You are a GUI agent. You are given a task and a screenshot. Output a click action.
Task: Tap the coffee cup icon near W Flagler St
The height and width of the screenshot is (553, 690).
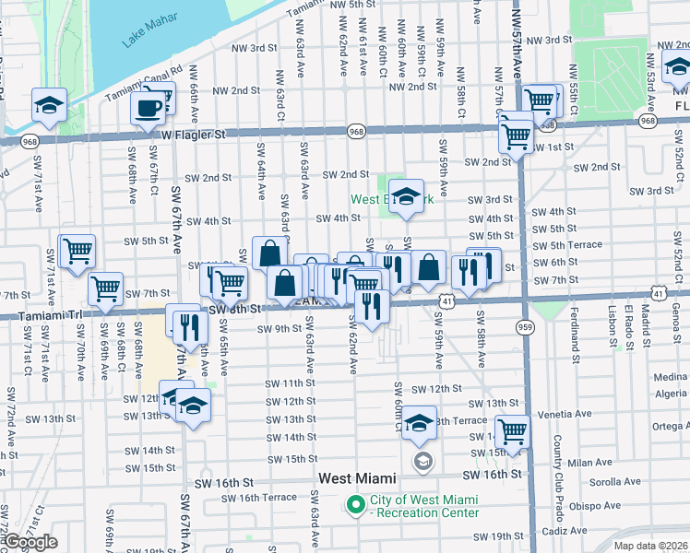148,109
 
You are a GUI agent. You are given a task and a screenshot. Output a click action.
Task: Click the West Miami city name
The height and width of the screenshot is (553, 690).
357,479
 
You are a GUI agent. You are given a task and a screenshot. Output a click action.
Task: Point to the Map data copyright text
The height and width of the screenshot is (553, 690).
650,546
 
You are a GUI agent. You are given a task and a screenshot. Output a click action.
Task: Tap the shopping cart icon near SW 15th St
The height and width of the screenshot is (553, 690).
512,430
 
